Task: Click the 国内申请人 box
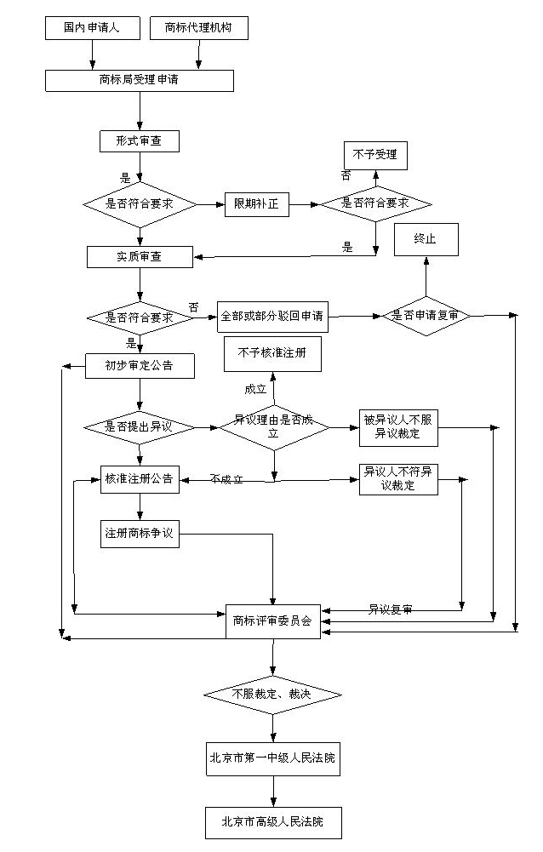coord(92,28)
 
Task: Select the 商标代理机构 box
coord(199,28)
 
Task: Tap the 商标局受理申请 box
coord(140,81)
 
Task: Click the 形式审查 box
coord(140,140)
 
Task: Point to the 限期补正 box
coord(256,205)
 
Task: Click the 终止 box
coord(425,240)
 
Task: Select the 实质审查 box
coord(140,256)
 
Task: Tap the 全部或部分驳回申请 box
coord(271,317)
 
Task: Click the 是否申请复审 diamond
coord(426,316)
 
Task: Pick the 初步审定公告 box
coord(140,366)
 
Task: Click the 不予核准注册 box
coord(272,353)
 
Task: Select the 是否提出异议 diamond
coord(139,426)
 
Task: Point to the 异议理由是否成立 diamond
coord(274,426)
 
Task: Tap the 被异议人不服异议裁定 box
coord(398,427)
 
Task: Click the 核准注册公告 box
coord(139,479)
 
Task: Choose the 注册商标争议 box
coord(139,534)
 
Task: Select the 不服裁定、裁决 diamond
coord(272,695)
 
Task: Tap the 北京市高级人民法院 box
coord(272,822)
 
